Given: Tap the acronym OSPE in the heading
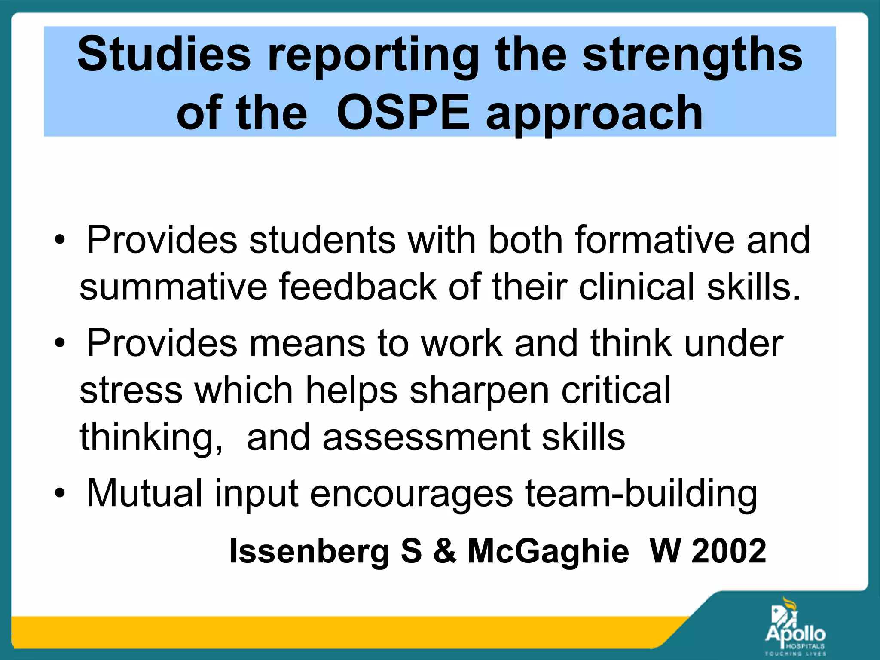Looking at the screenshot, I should point(403,113).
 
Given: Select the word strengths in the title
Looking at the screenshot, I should point(692,55).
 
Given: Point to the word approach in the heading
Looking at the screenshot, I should point(594,113).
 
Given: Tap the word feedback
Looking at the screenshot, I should point(357,287).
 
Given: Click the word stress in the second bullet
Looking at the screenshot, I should point(131,390).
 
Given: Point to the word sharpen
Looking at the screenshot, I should point(480,391).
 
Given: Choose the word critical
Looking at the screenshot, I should point(616,390).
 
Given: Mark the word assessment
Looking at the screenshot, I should point(426,437).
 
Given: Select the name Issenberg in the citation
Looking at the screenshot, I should point(309,551).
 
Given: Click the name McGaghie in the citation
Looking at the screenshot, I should point(548,551).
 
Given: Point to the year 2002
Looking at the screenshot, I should point(729,551).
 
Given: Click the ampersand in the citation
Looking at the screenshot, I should point(444,551).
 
